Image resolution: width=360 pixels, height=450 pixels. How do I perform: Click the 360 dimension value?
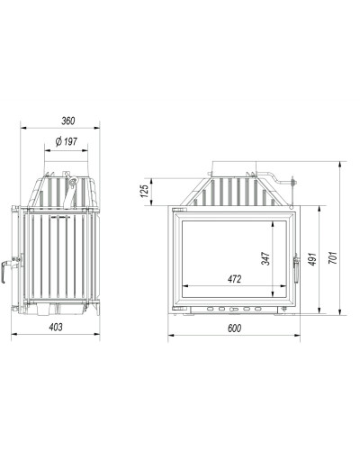click(68, 121)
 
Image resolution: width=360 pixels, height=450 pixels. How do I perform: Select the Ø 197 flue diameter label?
click(67, 141)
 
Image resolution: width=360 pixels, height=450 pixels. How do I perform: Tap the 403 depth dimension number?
click(56, 327)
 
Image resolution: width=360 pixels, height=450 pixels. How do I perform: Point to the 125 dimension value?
click(145, 191)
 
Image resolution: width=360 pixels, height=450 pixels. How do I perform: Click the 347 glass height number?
click(265, 258)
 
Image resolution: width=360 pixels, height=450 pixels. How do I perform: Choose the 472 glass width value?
click(234, 279)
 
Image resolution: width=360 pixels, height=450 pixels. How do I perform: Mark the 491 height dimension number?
click(312, 259)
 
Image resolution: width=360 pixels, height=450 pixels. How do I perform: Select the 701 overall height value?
click(333, 258)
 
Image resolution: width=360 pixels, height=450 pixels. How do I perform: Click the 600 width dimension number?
click(234, 328)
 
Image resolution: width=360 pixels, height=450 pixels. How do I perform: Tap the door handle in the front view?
click(296, 269)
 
